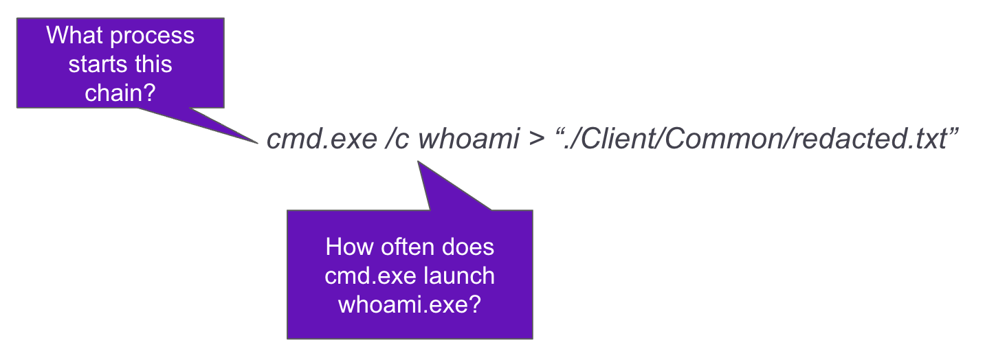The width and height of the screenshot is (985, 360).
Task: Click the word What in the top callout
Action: (x=74, y=35)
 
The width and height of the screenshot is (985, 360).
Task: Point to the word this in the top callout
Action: (x=153, y=64)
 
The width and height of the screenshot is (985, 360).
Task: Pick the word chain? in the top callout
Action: (x=120, y=93)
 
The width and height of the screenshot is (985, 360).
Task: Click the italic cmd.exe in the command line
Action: (x=322, y=139)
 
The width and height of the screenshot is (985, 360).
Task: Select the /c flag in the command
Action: (x=397, y=139)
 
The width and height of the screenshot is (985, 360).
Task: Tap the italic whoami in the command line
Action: (x=469, y=139)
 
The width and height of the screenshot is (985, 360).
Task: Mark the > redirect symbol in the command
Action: (x=536, y=139)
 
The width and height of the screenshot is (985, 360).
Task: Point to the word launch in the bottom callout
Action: (x=459, y=275)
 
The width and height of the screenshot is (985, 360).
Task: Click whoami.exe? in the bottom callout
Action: (x=410, y=304)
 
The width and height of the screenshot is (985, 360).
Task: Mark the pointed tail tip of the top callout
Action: (x=258, y=143)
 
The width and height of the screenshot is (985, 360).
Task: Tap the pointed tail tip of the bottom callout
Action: (x=418, y=161)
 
